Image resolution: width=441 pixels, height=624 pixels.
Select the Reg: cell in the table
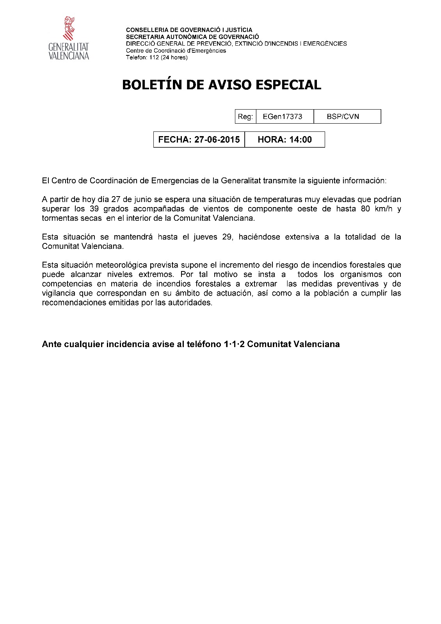pyautogui.click(x=245, y=117)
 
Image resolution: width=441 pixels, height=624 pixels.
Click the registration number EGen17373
pyautogui.click(x=283, y=117)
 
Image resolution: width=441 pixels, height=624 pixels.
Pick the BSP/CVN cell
pyautogui.click(x=343, y=117)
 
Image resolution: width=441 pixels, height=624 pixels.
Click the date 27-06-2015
pyautogui.click(x=217, y=140)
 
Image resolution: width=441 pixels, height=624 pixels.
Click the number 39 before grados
pyautogui.click(x=94, y=209)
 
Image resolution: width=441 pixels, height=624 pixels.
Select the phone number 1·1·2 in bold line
pyautogui.click(x=234, y=344)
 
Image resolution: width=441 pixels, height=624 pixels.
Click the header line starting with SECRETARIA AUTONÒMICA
pyautogui.click(x=192, y=37)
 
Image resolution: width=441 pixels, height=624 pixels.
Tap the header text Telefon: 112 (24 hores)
pyautogui.click(x=156, y=57)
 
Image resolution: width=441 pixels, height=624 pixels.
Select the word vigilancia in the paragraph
pyautogui.click(x=59, y=293)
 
